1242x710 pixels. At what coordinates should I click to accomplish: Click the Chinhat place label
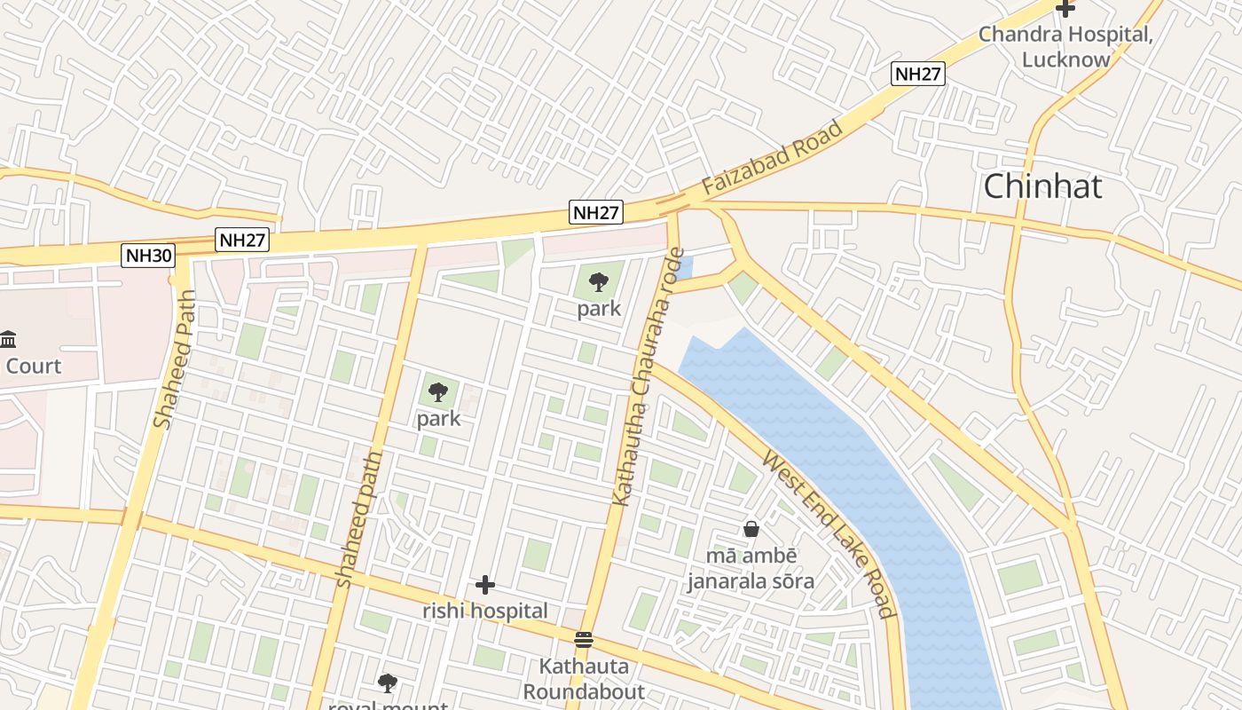[1042, 186]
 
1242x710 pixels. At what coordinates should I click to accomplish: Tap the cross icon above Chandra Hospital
[1065, 9]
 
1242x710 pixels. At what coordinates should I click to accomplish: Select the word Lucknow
[1065, 59]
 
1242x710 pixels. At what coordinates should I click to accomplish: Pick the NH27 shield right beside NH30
[242, 241]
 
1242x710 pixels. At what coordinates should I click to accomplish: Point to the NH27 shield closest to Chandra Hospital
[917, 74]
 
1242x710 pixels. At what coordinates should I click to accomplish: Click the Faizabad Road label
[772, 159]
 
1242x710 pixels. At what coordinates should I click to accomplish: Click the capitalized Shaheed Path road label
[174, 360]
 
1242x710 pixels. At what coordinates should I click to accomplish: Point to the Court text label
[34, 366]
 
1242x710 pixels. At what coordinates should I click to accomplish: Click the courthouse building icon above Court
[9, 339]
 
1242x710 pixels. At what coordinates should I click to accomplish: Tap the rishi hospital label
[484, 611]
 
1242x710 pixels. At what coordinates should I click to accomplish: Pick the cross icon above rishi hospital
[484, 585]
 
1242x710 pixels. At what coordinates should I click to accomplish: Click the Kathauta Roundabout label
[584, 679]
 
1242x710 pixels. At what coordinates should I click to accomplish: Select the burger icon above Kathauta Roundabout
[583, 640]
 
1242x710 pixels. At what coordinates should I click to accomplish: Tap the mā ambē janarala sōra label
[751, 569]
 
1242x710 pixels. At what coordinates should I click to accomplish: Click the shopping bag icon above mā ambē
[751, 529]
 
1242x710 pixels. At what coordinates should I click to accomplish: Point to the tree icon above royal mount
[387, 682]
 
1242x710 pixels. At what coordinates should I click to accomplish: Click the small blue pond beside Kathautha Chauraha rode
[684, 267]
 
